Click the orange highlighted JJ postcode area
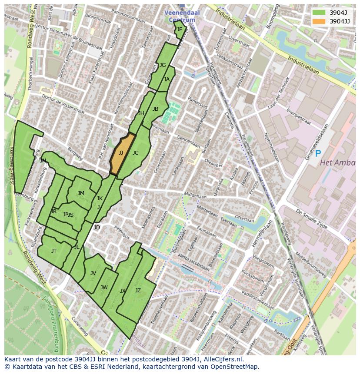click(x=121, y=153)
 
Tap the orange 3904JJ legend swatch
click(x=319, y=21)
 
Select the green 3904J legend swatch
click(x=319, y=13)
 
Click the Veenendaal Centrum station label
click(x=182, y=16)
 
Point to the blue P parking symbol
click(x=318, y=153)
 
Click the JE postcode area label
click(x=179, y=30)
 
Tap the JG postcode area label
click(x=163, y=65)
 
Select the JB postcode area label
click(x=155, y=109)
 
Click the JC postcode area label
click(x=135, y=153)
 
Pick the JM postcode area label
click(x=81, y=193)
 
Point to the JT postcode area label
click(x=54, y=251)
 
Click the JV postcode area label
click(x=93, y=273)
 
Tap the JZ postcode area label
click(x=138, y=291)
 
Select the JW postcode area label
click(x=104, y=288)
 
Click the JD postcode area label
click(x=97, y=228)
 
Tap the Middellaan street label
click(x=195, y=196)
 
